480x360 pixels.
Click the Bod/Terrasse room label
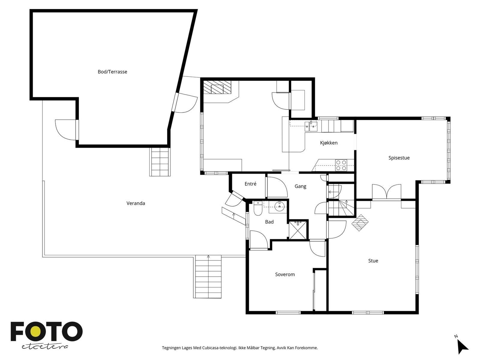[x=112, y=72]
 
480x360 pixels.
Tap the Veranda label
[x=136, y=203]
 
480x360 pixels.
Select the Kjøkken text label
[x=329, y=143]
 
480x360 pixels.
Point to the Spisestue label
[x=399, y=158]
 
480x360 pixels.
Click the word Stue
[x=373, y=261]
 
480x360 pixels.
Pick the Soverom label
[x=285, y=274]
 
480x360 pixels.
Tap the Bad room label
[x=269, y=222]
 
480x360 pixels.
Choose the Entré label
[x=250, y=184]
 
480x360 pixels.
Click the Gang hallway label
[x=300, y=186]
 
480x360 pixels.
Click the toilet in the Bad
[x=258, y=208]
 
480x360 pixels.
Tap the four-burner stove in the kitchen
[x=341, y=165]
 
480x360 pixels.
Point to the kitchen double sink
[x=311, y=126]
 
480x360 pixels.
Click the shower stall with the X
[x=298, y=230]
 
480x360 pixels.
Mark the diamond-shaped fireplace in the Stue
[x=360, y=223]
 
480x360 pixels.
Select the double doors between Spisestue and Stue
[x=387, y=192]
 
